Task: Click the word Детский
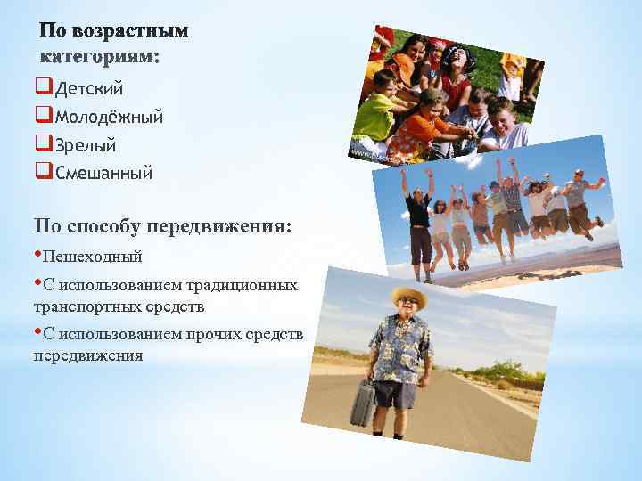click(89, 88)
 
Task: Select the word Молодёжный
click(103, 117)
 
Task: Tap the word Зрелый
click(86, 144)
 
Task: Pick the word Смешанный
click(103, 173)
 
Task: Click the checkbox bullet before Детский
click(45, 88)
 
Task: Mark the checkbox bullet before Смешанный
click(45, 173)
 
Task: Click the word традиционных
click(241, 286)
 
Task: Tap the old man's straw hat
click(408, 297)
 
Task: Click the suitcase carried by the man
click(363, 404)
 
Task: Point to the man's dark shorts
click(396, 391)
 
